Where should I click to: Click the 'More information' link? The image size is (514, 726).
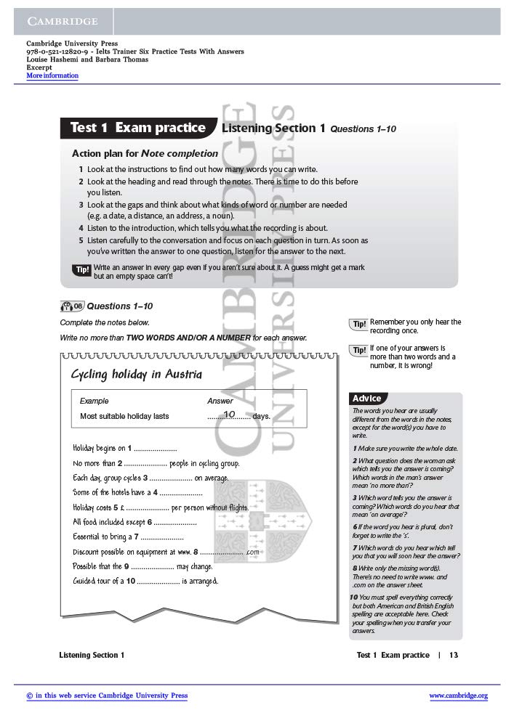pyautogui.click(x=52, y=76)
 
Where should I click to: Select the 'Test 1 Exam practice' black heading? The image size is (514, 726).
pyautogui.click(x=137, y=128)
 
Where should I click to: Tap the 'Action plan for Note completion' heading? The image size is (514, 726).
pyautogui.click(x=145, y=153)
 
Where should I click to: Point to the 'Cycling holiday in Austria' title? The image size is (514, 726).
pyautogui.click(x=136, y=375)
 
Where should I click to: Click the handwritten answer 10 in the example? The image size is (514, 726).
pyautogui.click(x=230, y=414)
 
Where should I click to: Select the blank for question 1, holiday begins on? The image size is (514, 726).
pyautogui.click(x=155, y=448)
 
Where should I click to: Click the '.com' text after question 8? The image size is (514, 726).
pyautogui.click(x=252, y=552)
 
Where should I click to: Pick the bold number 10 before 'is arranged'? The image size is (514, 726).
pyautogui.click(x=131, y=581)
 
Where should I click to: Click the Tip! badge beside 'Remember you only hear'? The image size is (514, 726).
pyautogui.click(x=359, y=324)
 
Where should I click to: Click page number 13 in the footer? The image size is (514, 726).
pyautogui.click(x=454, y=655)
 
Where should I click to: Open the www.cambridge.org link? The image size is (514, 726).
pyautogui.click(x=458, y=696)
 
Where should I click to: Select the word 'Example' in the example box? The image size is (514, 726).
pyautogui.click(x=94, y=401)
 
